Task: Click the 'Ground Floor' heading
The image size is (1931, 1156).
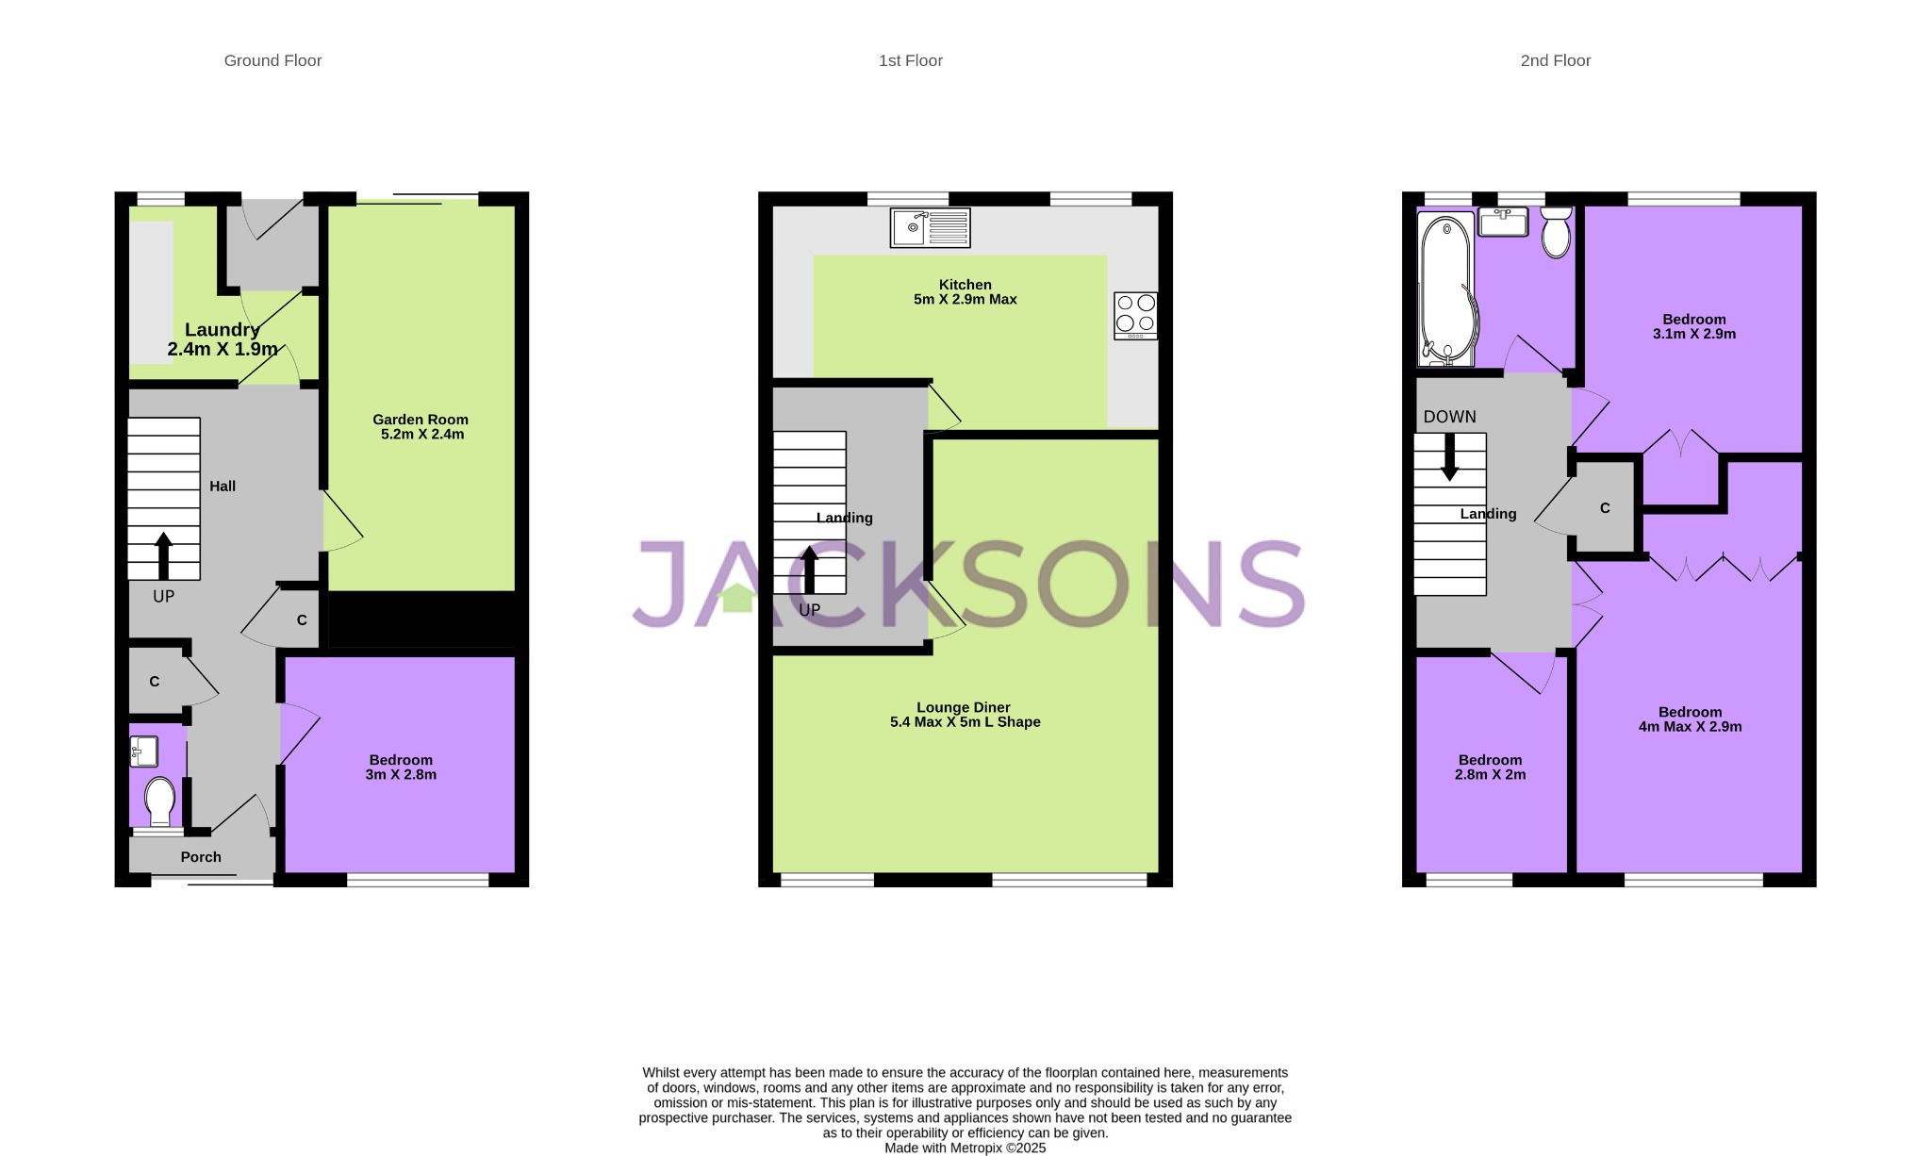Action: [272, 60]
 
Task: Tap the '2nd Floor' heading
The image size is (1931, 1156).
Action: [1555, 60]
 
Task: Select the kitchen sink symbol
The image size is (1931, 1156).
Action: [930, 228]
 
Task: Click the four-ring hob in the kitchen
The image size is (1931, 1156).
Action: [1135, 315]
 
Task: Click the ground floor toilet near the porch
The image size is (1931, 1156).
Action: [159, 801]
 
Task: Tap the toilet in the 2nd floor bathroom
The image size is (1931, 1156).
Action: [1556, 233]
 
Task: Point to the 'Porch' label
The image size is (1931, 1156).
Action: [201, 857]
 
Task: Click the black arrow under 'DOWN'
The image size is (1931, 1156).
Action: [1449, 457]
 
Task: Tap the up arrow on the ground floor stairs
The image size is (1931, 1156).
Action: [163, 555]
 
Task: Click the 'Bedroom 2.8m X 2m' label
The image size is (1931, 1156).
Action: [1490, 768]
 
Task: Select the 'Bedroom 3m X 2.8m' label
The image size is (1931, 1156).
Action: [401, 768]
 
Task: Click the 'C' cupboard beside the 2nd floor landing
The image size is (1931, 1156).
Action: [1605, 508]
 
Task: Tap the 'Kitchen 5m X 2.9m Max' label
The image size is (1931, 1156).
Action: [965, 292]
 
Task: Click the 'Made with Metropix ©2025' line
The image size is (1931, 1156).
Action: [965, 1148]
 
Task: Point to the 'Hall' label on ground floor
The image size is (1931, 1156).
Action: [223, 487]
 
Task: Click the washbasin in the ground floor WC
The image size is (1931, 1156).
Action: [144, 751]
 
